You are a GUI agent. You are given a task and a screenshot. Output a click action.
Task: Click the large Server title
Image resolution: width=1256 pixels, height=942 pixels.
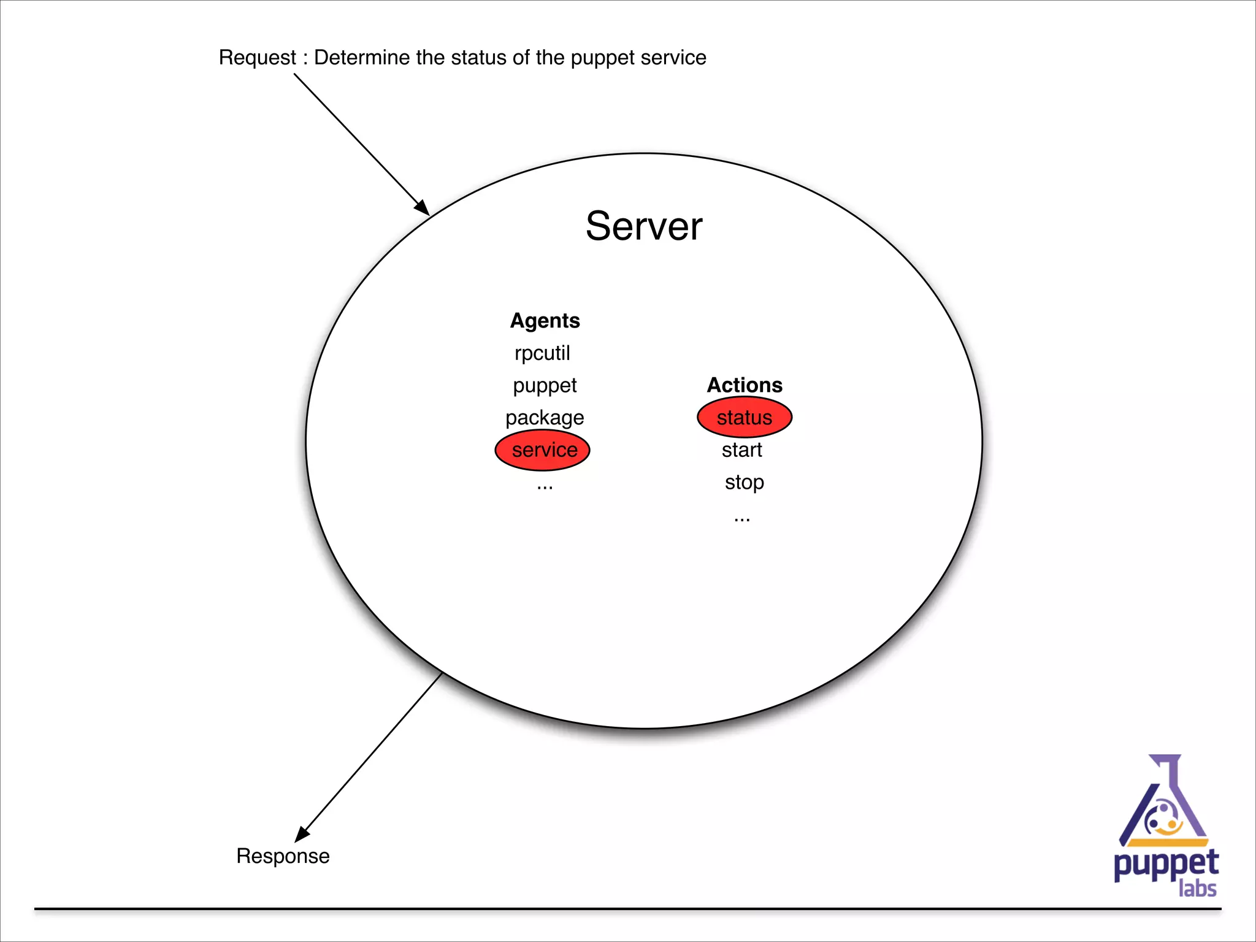point(643,226)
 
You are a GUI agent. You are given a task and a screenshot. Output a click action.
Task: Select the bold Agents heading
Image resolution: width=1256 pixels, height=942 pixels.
point(545,321)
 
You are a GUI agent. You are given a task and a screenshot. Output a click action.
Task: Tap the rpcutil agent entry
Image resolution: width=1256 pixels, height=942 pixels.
point(542,353)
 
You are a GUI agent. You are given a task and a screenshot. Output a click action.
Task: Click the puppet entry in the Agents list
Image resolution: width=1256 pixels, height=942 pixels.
point(545,386)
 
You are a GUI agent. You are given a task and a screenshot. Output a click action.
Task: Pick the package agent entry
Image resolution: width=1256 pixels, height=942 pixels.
point(545,418)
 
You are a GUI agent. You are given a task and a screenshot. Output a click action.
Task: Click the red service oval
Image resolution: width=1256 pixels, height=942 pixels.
point(542,450)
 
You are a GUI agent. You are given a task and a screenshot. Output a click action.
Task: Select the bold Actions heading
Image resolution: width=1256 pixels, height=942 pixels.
point(745,385)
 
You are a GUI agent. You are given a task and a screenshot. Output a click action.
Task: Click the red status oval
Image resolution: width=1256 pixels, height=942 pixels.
point(745,418)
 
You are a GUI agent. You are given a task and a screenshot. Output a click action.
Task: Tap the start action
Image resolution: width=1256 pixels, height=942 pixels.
point(741,450)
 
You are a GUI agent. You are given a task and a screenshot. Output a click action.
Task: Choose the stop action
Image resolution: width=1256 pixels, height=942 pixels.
point(744,482)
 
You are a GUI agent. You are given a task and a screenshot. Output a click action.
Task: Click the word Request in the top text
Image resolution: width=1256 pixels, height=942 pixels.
point(257,58)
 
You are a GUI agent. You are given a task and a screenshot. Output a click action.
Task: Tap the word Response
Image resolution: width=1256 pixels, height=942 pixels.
point(283,856)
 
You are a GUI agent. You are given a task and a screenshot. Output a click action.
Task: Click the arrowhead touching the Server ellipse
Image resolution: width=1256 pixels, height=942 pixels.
point(422,207)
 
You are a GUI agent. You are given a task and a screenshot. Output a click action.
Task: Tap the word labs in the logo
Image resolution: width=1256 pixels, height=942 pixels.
point(1197,889)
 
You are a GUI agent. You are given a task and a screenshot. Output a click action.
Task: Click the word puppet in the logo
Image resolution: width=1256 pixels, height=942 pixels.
point(1165,865)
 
